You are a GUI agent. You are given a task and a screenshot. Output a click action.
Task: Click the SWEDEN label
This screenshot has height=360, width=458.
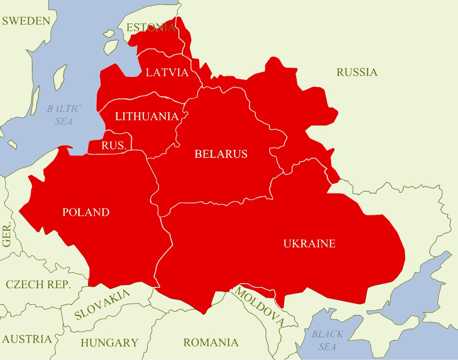(26, 21)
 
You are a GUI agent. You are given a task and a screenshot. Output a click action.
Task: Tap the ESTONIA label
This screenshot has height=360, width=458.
(151, 27)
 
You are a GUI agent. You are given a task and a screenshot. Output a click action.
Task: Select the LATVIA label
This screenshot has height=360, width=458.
(167, 72)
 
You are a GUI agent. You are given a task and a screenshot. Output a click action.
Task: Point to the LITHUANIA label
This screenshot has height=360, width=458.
(147, 116)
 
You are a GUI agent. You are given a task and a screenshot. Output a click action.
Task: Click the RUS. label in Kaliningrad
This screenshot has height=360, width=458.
(109, 145)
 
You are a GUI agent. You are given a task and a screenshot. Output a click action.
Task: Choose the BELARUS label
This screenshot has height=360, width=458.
(221, 154)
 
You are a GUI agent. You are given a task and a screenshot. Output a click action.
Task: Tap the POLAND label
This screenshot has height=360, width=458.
(86, 212)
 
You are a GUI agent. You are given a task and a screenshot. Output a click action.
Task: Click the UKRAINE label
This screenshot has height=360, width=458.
(309, 243)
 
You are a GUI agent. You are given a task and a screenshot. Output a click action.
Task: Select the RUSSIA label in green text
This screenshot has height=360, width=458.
(357, 72)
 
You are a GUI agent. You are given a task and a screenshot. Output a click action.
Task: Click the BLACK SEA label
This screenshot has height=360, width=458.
(327, 340)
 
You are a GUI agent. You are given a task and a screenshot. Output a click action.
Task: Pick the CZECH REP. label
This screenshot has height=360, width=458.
(38, 284)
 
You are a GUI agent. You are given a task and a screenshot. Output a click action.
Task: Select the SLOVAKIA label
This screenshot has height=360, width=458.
(102, 304)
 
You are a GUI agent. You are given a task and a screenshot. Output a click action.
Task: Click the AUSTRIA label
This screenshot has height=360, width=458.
(27, 339)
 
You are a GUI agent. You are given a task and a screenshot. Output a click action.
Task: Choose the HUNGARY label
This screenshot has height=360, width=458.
(109, 342)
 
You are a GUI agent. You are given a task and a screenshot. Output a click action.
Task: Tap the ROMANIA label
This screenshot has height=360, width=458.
(211, 342)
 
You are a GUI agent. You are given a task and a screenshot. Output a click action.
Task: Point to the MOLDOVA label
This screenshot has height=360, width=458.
(260, 307)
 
